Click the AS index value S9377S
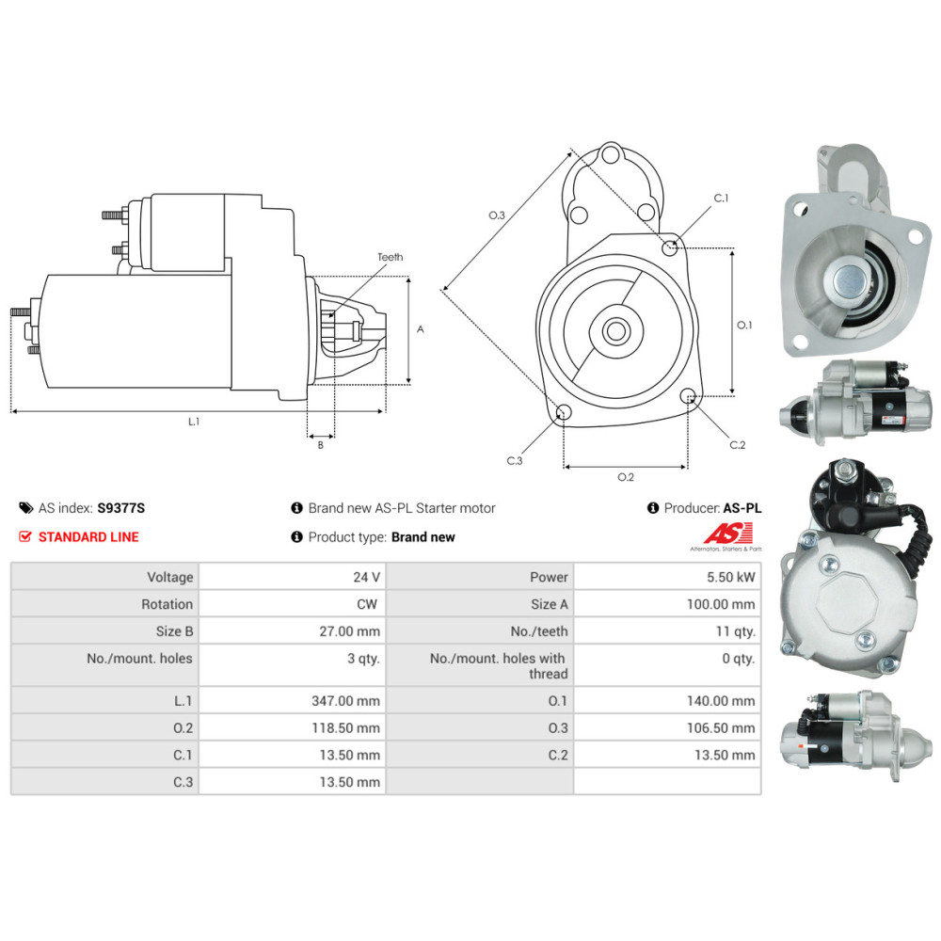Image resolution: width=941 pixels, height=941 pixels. [x=120, y=508]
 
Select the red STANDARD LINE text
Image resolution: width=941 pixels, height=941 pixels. [x=88, y=536]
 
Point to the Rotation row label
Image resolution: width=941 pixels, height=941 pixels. [x=167, y=604]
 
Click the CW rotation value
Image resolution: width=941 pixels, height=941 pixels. [x=367, y=604]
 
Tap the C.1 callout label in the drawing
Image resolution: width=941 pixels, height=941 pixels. [x=721, y=198]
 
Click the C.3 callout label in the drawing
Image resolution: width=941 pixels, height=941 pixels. [x=515, y=460]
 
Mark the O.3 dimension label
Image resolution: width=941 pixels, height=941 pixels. [x=496, y=215]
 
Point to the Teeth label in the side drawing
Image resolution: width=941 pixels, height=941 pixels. [x=391, y=257]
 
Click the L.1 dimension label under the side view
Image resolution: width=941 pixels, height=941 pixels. [x=193, y=422]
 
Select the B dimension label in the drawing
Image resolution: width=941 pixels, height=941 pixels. [x=321, y=445]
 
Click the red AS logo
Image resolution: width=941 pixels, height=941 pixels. [x=727, y=533]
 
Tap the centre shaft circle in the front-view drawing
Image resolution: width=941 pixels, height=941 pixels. [x=616, y=330]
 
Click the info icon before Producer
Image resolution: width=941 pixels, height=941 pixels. [x=653, y=508]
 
